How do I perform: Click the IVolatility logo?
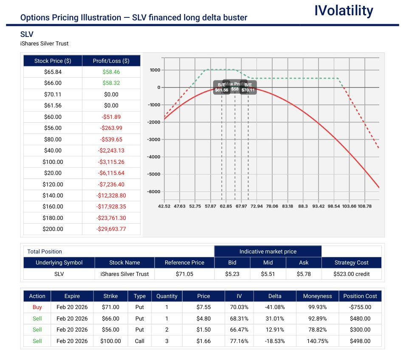click(344, 11)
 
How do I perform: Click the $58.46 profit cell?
click(111, 72)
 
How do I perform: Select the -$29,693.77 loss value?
click(111, 229)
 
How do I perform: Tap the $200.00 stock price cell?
click(53, 229)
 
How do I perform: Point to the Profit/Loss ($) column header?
click(111, 61)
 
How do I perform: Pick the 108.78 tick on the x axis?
click(364, 206)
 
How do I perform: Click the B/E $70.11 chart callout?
click(248, 87)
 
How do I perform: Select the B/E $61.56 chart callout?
click(221, 87)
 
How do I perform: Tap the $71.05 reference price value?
click(184, 274)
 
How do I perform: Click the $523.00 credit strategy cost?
click(351, 274)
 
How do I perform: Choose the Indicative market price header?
click(268, 252)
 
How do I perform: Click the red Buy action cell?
click(37, 307)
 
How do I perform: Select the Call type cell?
click(139, 341)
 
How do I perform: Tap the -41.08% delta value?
click(275, 307)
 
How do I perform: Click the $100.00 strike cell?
click(110, 341)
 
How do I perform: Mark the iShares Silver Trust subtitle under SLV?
click(44, 44)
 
